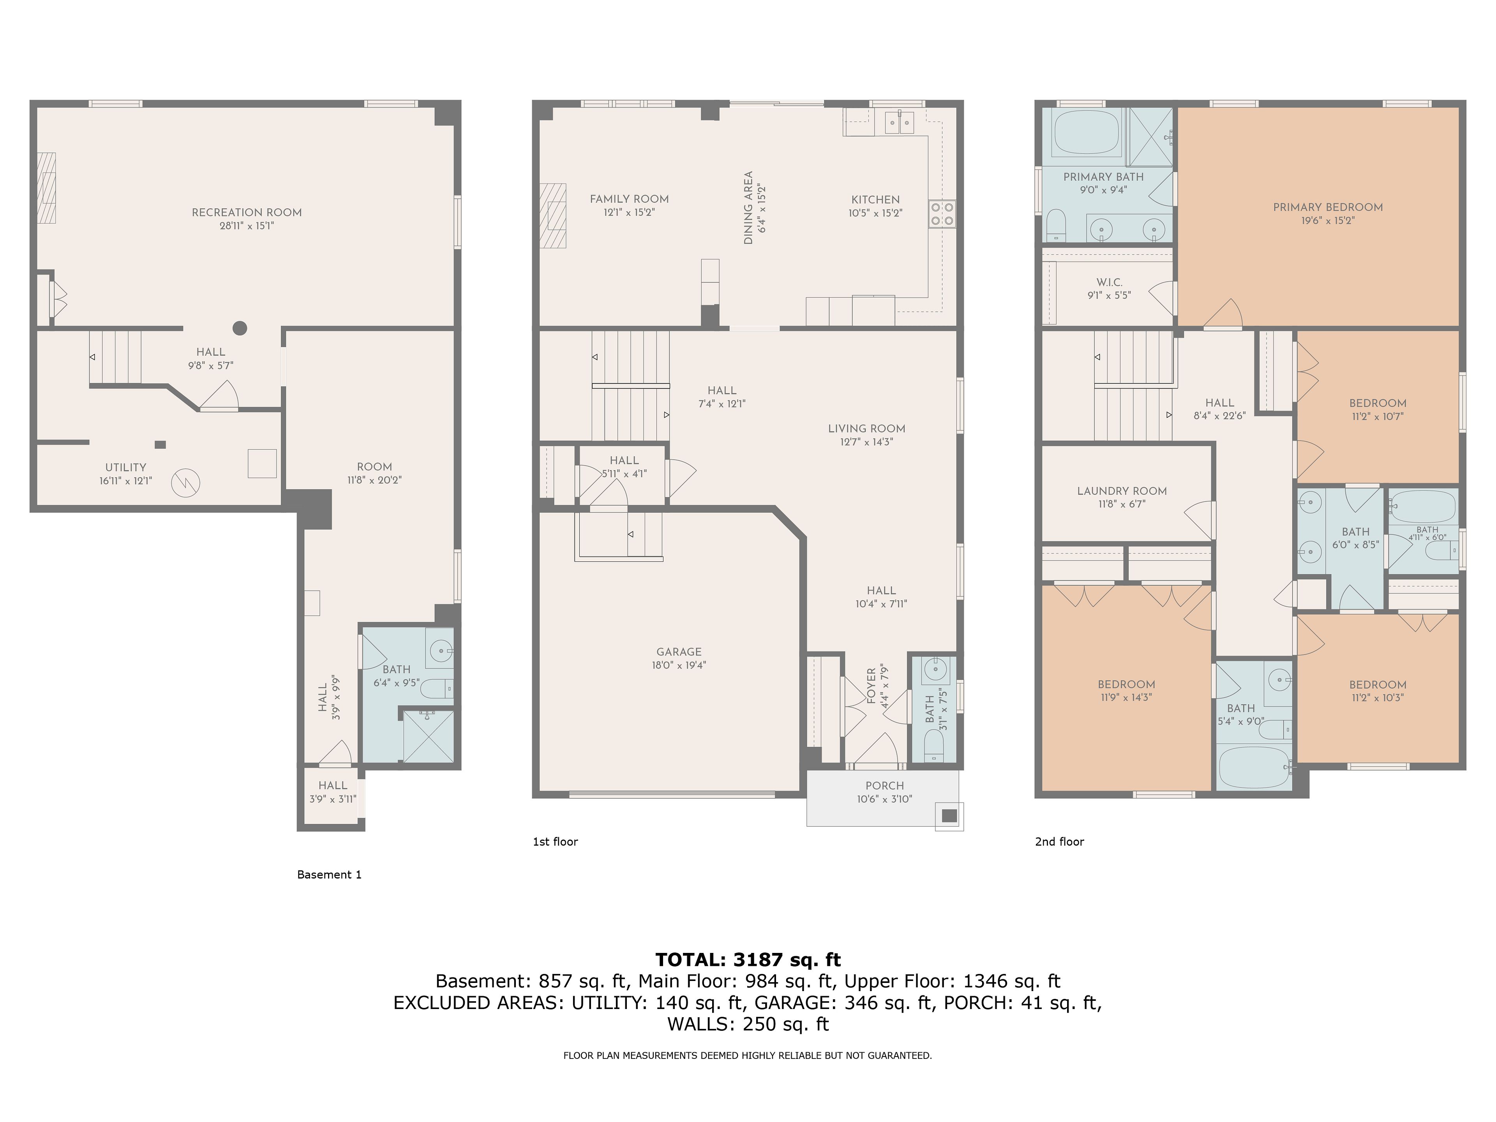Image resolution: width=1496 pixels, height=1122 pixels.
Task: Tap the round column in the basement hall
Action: tap(240, 329)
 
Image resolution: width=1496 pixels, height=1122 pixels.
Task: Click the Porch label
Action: tap(885, 786)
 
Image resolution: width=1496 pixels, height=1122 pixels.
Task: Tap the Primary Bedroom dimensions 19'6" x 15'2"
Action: tap(1328, 221)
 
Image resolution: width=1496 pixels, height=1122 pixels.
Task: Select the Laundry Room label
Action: tap(1122, 491)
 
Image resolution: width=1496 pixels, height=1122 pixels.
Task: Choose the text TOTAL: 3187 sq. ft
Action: tap(748, 960)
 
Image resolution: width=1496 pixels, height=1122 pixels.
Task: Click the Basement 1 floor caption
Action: tap(329, 875)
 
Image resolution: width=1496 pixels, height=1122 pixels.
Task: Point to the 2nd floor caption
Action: tap(1059, 841)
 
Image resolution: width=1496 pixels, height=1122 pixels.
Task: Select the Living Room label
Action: tap(866, 429)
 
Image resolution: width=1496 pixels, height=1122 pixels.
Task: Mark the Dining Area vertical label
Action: tap(748, 208)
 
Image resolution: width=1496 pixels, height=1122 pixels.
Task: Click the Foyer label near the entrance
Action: tap(871, 686)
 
